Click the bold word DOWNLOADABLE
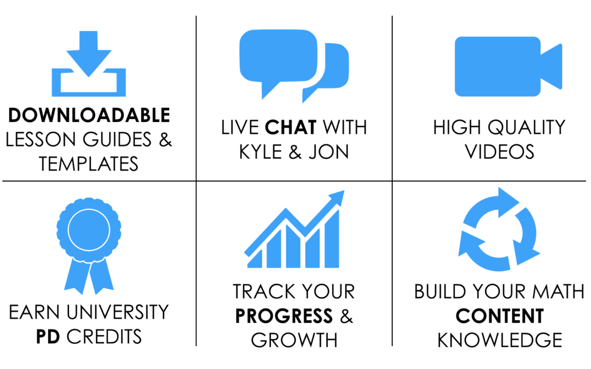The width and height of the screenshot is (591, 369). (x=89, y=115)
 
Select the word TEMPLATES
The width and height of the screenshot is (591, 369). (x=89, y=164)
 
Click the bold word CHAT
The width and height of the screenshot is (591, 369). (x=291, y=127)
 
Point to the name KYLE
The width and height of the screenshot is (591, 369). (x=260, y=152)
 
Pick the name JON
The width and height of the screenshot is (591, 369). (x=329, y=152)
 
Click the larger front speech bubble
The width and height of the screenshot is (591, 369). (x=278, y=60)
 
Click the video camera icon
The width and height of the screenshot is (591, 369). (x=508, y=67)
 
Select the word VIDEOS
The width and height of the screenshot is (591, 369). (x=500, y=152)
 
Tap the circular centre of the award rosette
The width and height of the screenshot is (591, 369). (x=89, y=230)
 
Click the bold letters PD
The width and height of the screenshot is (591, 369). (x=48, y=337)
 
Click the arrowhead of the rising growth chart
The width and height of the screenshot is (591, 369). (x=337, y=198)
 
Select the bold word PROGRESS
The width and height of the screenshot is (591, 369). (x=284, y=316)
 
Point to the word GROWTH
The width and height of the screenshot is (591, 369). (x=294, y=341)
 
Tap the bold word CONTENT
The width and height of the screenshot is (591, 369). (x=500, y=316)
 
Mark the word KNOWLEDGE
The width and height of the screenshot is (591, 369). (x=500, y=341)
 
